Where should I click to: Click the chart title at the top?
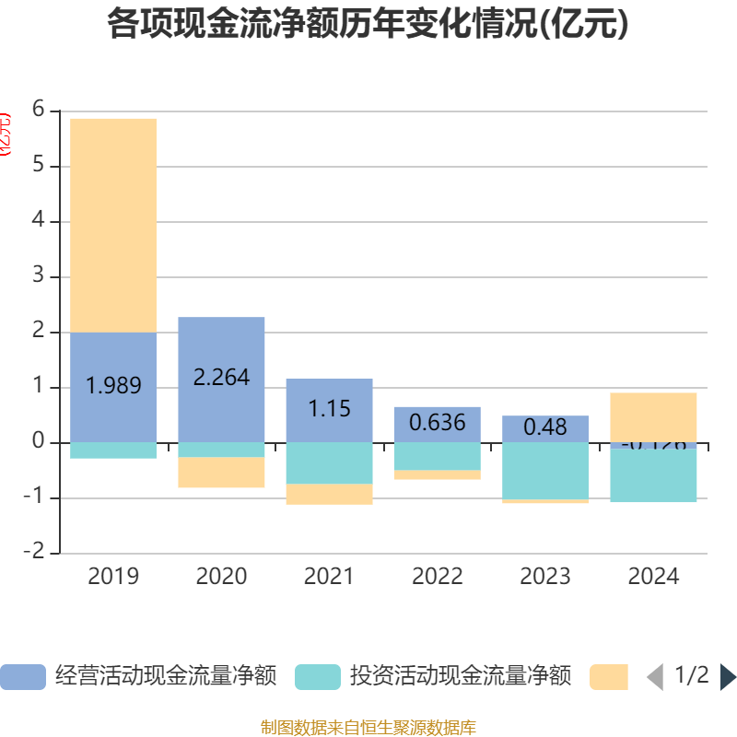tap(368, 25)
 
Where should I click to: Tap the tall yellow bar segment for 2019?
tap(113, 225)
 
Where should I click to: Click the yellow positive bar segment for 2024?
tap(653, 416)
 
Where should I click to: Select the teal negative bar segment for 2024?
tap(653, 475)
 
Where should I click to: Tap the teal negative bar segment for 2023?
tap(545, 471)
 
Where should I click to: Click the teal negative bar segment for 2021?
tap(329, 463)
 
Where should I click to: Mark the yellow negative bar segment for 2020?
tap(221, 473)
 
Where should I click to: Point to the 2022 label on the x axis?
tap(438, 577)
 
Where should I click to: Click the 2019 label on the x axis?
tap(113, 577)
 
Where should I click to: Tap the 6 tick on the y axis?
tap(38, 110)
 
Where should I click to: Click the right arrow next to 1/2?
tap(728, 677)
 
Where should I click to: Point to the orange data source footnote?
tap(368, 728)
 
